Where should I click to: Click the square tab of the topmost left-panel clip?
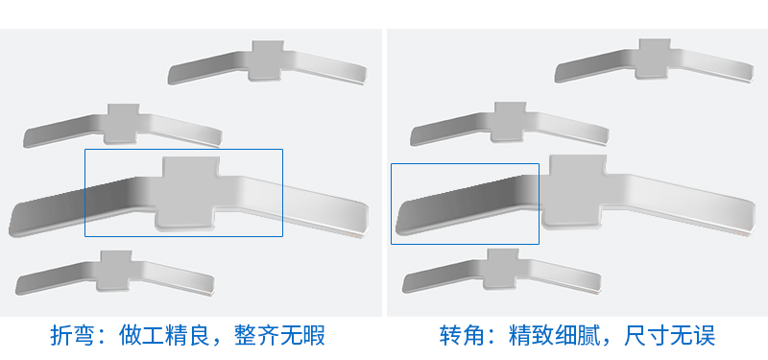click(x=266, y=59)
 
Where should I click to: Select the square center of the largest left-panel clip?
click(x=189, y=193)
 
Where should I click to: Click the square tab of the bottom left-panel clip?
click(x=115, y=269)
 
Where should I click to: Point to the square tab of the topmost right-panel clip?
click(x=654, y=57)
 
